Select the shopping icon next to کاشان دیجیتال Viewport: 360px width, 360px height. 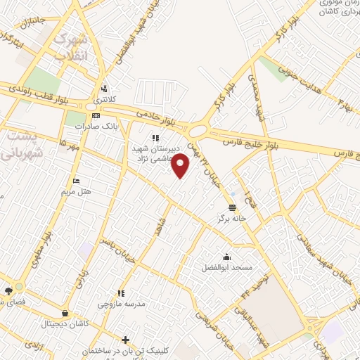click(x=65, y=314)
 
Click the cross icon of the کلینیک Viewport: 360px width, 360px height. click(x=125, y=340)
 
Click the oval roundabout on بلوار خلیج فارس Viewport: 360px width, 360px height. click(x=198, y=131)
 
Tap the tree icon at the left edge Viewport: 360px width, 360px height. click(x=8, y=291)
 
